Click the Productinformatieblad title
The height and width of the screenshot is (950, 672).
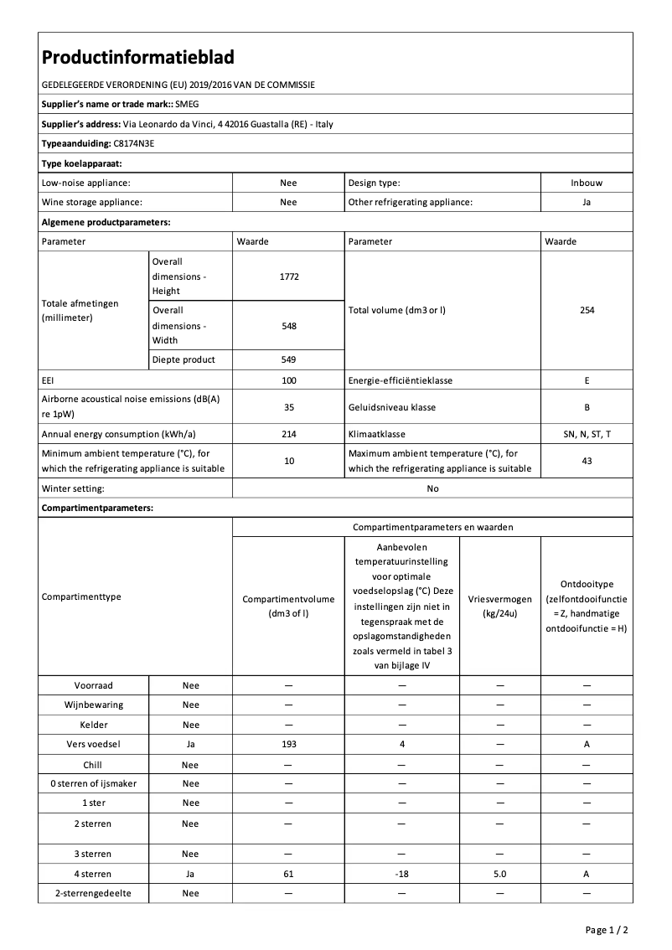pos(137,57)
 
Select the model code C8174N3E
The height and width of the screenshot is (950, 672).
pos(134,143)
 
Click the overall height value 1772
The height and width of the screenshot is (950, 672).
pos(288,276)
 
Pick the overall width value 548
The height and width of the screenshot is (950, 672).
pos(288,326)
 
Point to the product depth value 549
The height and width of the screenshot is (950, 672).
pos(288,359)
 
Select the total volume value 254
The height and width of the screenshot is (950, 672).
pos(587,310)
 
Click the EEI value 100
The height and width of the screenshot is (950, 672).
pos(288,380)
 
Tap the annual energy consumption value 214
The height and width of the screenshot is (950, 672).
pos(288,434)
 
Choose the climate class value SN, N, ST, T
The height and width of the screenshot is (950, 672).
pos(587,434)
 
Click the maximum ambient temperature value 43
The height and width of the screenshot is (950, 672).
pos(587,461)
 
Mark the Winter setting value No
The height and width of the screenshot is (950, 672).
pos(432,488)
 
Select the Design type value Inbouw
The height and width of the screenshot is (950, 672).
pos(587,183)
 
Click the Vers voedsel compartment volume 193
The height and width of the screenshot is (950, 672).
pos(288,744)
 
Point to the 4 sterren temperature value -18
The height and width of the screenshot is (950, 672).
pos(402,873)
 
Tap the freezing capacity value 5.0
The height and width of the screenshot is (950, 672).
pos(499,873)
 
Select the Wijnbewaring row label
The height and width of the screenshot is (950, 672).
pos(94,705)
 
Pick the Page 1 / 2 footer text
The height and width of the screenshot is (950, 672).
pos(607,930)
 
